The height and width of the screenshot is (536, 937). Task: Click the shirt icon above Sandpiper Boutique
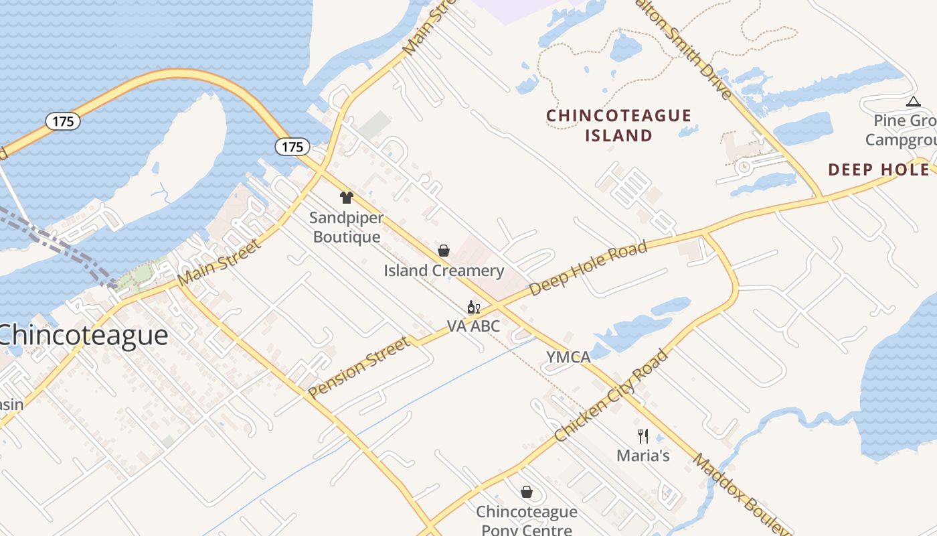coord(347,197)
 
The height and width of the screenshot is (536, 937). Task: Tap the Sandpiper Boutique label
coord(347,227)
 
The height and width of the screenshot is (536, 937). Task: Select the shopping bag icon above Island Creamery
coord(444,251)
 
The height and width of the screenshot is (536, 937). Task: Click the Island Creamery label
coord(444,271)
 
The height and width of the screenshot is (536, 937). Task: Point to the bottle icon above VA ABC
coord(473,308)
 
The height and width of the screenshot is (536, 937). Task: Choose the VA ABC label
coord(473,326)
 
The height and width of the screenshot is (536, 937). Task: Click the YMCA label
coord(568,357)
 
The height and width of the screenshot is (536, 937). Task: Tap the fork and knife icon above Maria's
coord(643,436)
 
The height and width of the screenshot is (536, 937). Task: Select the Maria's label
coord(643,456)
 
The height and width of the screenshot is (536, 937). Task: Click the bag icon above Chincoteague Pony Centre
coord(527,492)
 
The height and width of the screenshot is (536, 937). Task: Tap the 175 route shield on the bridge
coord(63,121)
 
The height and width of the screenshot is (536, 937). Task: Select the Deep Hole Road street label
coord(588,269)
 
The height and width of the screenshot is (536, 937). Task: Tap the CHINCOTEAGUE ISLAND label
coord(618,125)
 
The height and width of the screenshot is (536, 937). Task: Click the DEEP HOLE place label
coord(878,170)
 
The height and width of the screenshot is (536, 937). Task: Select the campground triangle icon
coord(913,102)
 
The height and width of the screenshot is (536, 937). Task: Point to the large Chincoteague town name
coord(84,335)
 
